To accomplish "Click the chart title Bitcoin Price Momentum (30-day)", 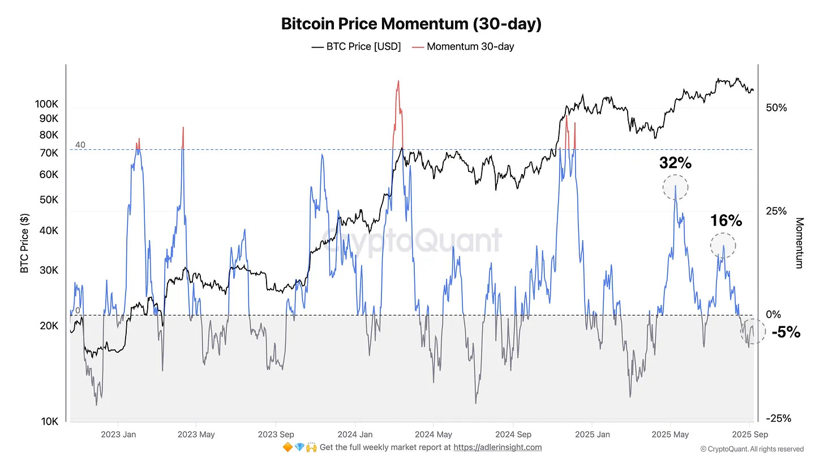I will coord(411,24).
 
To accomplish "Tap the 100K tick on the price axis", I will coord(46,104).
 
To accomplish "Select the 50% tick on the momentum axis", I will coord(776,107).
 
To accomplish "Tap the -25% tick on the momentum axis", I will coord(778,418).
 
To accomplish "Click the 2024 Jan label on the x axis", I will coord(354,435).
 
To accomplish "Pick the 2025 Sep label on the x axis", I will coord(749,435).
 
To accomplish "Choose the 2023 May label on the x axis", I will coord(196,435).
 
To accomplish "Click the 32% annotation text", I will coord(675,163).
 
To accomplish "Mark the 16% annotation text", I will coord(726,221).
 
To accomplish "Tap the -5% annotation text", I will coord(786,332).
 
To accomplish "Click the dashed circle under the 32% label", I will coord(676,187).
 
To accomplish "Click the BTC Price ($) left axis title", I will coord(24,243).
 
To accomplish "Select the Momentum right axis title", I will coord(799,243).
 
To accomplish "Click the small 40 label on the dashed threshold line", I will coord(80,145).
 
